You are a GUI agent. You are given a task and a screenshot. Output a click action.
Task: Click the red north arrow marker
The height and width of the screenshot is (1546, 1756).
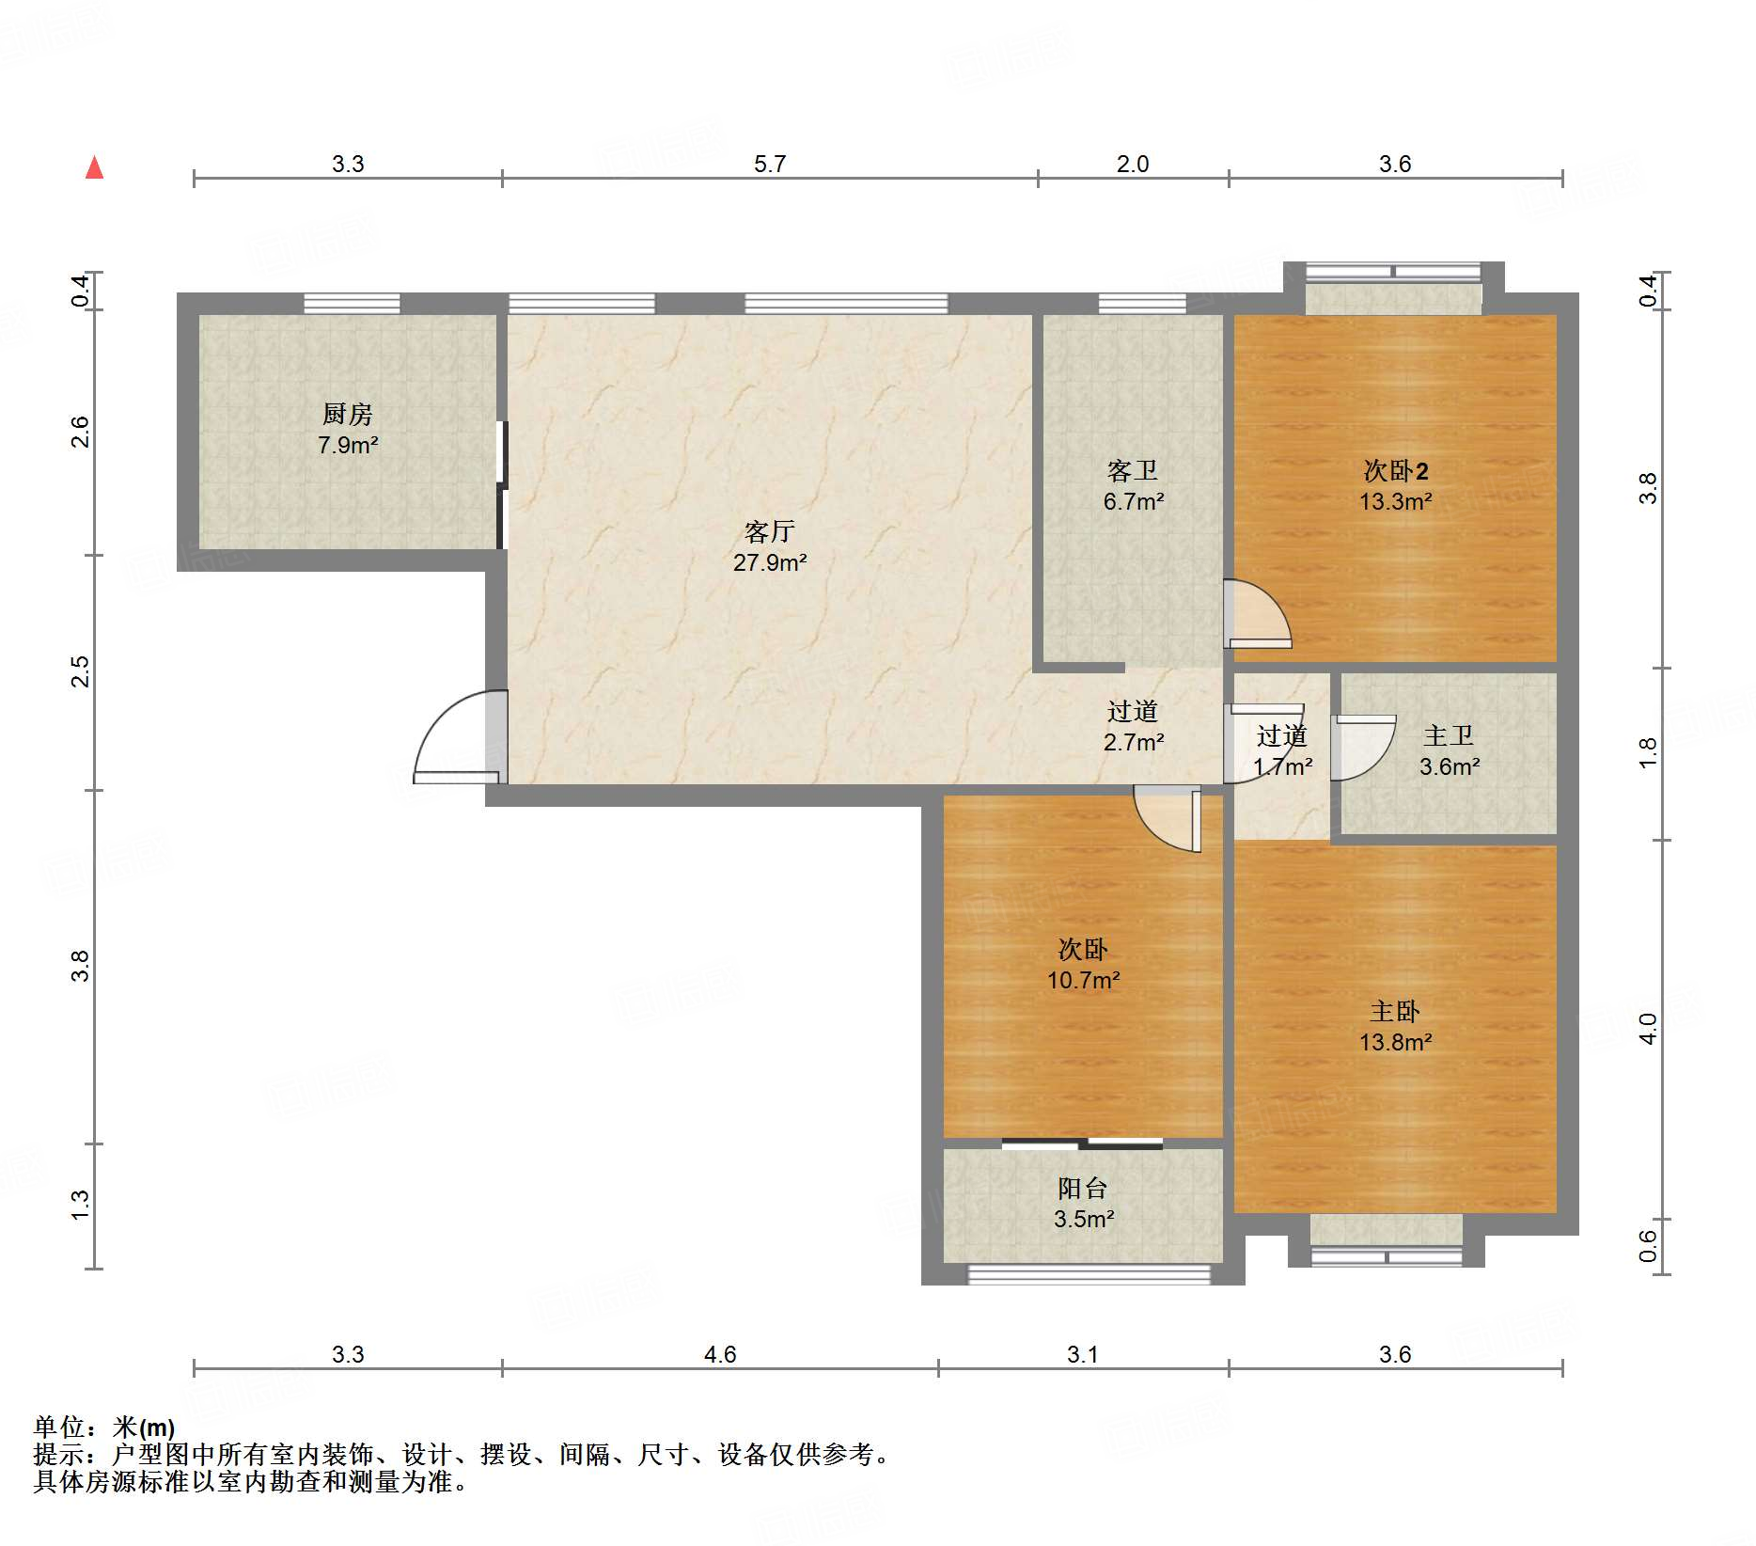tap(95, 167)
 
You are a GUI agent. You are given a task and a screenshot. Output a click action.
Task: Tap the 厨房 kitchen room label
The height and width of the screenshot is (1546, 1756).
tap(348, 414)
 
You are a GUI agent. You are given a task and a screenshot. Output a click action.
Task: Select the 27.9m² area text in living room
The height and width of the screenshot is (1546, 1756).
tap(770, 562)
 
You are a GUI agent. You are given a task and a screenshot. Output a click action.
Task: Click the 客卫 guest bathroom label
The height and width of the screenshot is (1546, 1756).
tap(1133, 470)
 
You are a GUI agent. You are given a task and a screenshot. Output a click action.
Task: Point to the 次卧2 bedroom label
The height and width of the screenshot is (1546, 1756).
tap(1396, 470)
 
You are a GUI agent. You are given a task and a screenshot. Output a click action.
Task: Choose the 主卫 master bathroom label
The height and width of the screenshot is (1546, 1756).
tap(1449, 735)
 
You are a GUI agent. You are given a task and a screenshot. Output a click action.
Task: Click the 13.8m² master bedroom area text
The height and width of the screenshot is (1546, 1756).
tap(1395, 1042)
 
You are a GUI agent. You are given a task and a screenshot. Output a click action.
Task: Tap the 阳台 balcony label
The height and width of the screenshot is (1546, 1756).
tap(1083, 1189)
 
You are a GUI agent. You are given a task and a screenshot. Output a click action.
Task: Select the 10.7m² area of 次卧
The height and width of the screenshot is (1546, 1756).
tap(1083, 980)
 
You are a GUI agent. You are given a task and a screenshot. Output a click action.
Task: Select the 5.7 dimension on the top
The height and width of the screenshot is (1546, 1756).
tap(770, 164)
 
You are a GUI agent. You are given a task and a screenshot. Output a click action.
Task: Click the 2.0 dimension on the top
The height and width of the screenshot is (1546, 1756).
tap(1133, 164)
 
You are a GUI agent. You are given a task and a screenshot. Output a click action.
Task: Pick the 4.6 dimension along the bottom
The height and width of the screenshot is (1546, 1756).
tap(720, 1354)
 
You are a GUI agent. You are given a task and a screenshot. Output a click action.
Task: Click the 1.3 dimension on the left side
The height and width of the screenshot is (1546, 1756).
tap(81, 1206)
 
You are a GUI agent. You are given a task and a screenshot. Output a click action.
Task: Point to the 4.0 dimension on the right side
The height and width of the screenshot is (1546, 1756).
tap(1648, 1029)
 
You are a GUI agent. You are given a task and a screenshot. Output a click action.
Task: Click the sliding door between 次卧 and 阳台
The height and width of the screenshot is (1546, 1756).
tap(1082, 1144)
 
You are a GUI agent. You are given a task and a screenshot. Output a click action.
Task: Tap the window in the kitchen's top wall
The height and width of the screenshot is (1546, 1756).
tap(352, 303)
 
